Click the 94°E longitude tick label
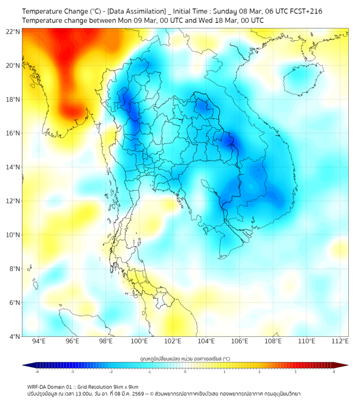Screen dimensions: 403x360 pos(39,341)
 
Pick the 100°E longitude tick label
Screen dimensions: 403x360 pos(140,341)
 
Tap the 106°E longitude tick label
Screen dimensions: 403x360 pos(240,341)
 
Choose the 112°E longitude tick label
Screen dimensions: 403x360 pos(340,341)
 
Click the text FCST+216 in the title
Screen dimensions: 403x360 pos(307,11)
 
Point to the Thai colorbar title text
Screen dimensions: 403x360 pos(185,359)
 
